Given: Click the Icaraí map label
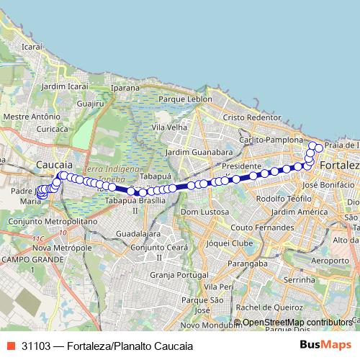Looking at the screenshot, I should pos(33,46).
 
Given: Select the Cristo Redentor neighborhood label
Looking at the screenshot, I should pos(251,117).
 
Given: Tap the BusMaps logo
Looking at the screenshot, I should pos(325,345).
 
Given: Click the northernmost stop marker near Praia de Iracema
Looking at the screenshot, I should pos(313,146).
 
